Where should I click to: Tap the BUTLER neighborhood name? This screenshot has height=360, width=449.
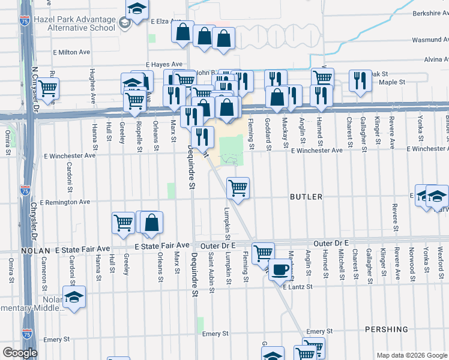pyautogui.click(x=306, y=197)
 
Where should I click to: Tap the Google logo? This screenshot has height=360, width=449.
pyautogui.click(x=20, y=353)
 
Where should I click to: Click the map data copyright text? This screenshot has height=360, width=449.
pyautogui.click(x=412, y=355)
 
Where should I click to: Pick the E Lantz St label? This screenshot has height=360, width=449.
pyautogui.click(x=298, y=287)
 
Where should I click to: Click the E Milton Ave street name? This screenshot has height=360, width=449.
pyautogui.click(x=71, y=52)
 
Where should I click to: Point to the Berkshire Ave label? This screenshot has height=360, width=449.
pyautogui.click(x=430, y=12)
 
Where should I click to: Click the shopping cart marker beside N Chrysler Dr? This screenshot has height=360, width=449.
pyautogui.click(x=48, y=88)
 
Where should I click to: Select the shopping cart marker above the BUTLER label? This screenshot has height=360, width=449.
pyautogui.click(x=238, y=188)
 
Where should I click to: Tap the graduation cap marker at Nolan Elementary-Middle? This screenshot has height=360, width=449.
pyautogui.click(x=74, y=297)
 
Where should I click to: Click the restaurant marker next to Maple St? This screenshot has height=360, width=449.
pyautogui.click(x=360, y=80)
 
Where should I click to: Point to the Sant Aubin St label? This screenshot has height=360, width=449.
pyautogui.click(x=211, y=271)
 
